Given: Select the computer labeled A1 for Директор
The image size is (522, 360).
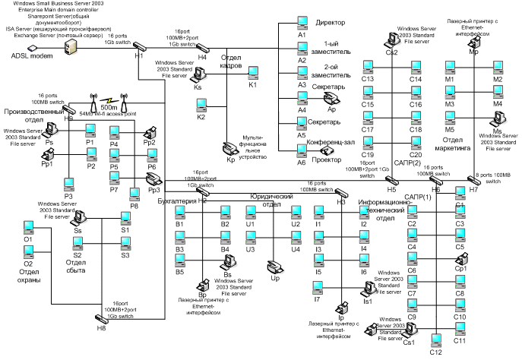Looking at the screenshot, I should (x=302, y=24).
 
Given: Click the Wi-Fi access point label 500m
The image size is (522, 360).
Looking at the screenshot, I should (x=109, y=107).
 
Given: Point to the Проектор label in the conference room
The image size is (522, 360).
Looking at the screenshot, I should (x=327, y=159).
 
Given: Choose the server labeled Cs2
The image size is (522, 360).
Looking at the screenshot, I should (x=393, y=39).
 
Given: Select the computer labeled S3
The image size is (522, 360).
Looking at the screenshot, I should (x=125, y=244).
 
